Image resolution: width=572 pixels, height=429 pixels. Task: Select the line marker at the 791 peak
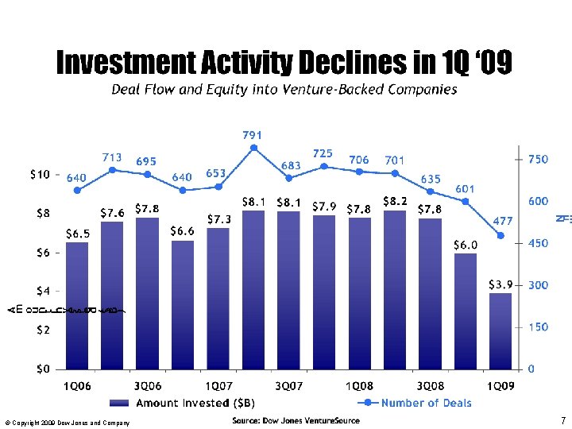click(253, 147)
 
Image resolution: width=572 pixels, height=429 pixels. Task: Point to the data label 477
click(503, 220)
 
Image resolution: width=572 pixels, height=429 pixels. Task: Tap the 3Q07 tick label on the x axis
click(288, 385)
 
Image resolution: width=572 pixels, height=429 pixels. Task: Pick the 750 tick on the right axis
click(539, 160)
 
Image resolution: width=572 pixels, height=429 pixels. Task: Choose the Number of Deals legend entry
click(425, 403)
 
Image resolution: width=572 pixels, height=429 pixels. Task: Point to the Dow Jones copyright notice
click(67, 423)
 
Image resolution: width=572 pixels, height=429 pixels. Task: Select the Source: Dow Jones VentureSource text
click(296, 420)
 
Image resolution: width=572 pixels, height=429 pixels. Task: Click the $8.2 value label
click(395, 202)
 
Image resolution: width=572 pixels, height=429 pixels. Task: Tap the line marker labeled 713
click(113, 170)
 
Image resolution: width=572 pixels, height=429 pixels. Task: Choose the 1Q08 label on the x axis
click(359, 385)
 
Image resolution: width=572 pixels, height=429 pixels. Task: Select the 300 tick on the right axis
click(539, 284)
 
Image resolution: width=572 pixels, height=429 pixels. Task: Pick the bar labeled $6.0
click(466, 311)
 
